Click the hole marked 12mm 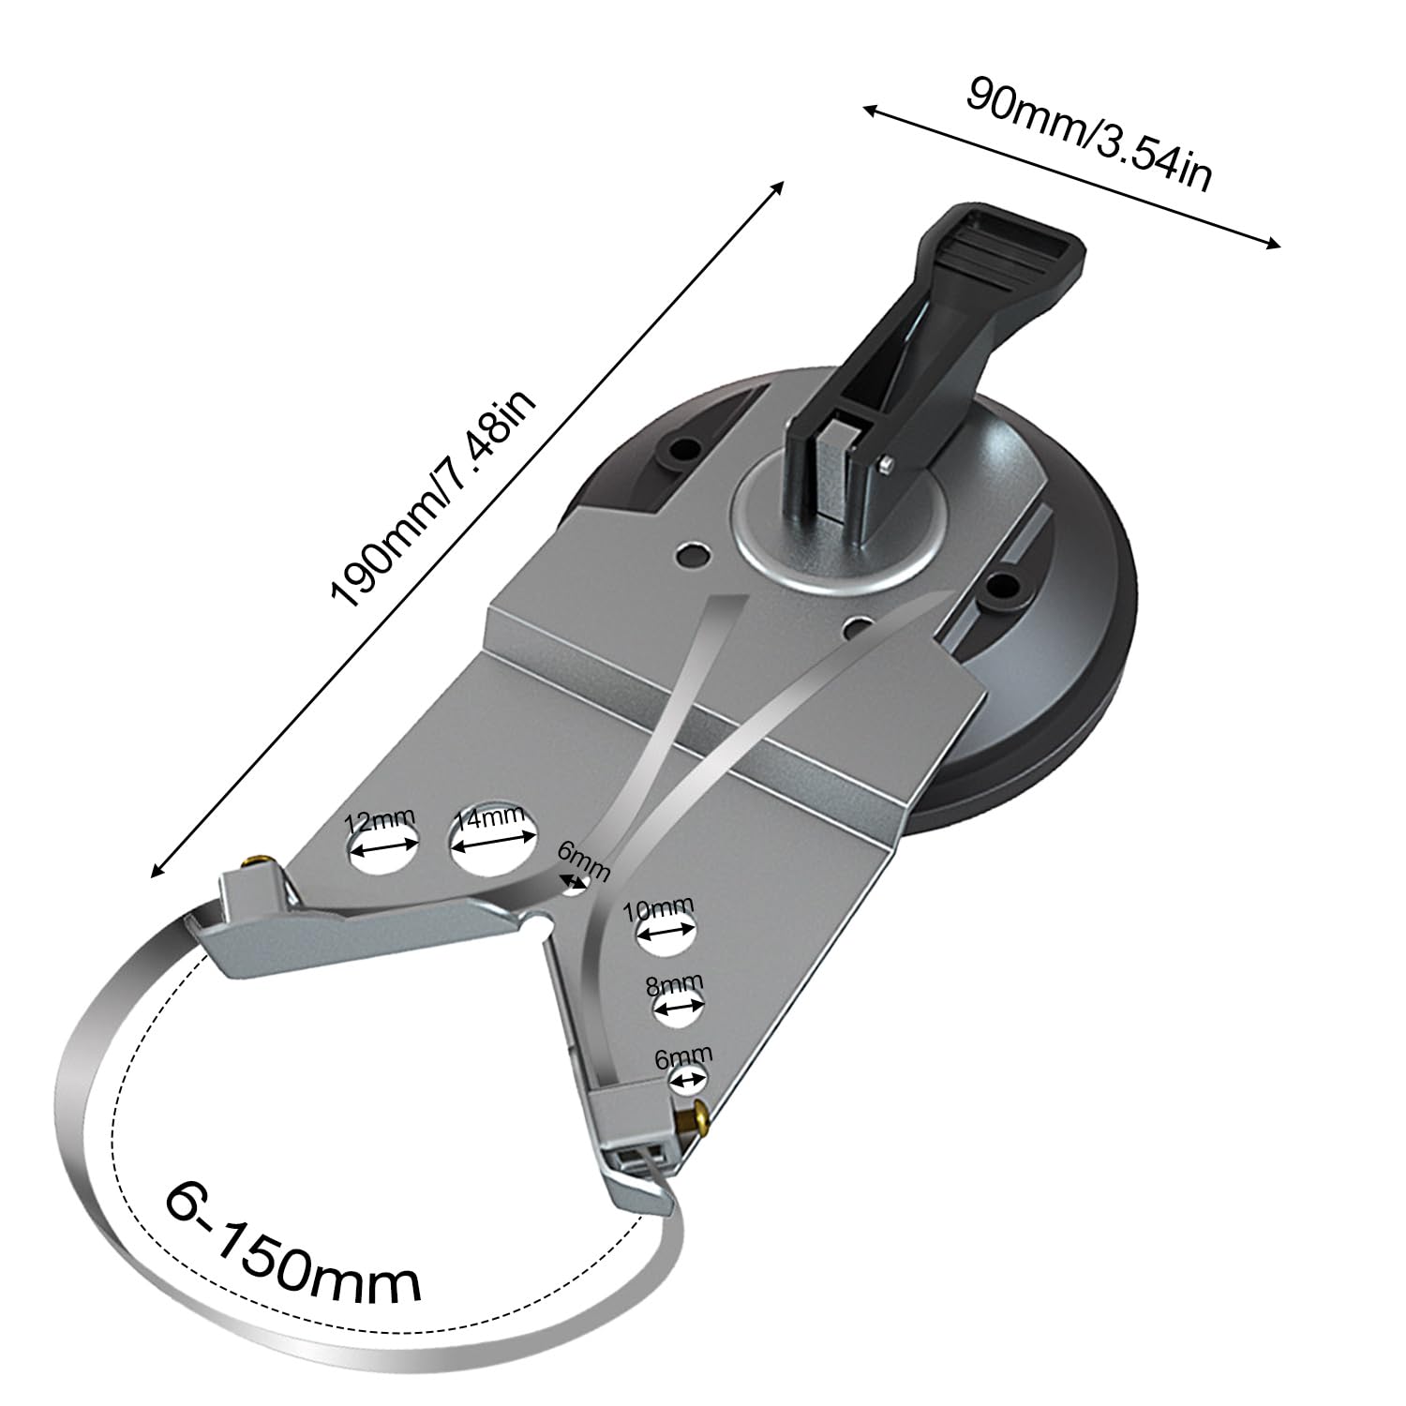point(382,852)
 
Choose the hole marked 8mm point(679,1008)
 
